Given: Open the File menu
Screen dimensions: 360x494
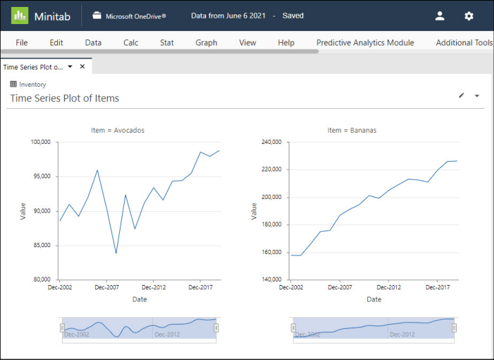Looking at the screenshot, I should [x=21, y=43].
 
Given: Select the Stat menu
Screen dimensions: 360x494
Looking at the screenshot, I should [x=167, y=43].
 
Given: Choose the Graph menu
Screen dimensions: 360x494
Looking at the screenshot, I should [x=206, y=43].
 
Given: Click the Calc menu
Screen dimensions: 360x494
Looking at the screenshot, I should [x=131, y=43].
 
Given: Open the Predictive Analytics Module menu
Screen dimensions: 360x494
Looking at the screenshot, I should [x=364, y=43].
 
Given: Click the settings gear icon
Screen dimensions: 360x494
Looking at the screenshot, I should [x=469, y=16].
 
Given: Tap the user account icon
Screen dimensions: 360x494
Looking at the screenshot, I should [x=440, y=16].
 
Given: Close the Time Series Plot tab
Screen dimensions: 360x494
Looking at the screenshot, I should [x=83, y=67].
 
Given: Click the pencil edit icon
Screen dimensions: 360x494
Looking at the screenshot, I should [x=462, y=96].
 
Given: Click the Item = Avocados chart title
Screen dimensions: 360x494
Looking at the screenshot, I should [x=118, y=129].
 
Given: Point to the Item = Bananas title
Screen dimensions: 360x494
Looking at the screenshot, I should [x=351, y=129].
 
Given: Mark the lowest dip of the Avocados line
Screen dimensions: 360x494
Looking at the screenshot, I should [x=116, y=253].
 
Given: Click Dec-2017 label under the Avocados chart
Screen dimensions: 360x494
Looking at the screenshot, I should [x=199, y=288].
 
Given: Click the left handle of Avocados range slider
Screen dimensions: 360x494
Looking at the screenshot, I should [x=62, y=328].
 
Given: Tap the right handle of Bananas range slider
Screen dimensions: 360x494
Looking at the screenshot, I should [x=454, y=328].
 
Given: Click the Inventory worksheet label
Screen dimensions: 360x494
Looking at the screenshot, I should [x=32, y=85].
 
